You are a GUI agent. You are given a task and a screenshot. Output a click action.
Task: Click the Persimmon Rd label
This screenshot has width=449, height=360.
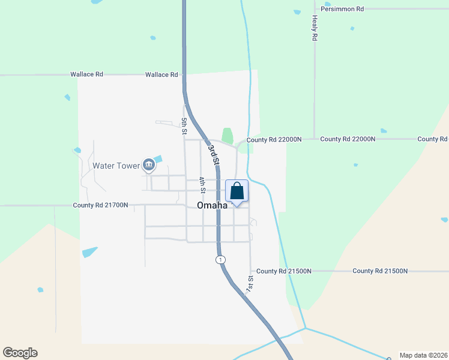click(x=343, y=9)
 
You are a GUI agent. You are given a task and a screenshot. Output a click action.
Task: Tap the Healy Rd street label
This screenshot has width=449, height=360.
click(x=314, y=29)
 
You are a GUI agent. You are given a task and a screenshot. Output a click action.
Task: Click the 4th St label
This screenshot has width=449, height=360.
click(x=203, y=185)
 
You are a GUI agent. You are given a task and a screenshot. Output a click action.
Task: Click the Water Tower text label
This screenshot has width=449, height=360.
click(x=116, y=165)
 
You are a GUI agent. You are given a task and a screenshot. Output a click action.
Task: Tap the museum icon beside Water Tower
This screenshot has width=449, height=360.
click(x=148, y=165)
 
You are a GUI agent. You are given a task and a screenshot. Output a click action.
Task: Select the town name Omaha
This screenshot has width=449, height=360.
click(x=212, y=205)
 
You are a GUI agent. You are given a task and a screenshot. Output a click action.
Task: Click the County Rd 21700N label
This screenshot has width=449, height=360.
click(x=100, y=205)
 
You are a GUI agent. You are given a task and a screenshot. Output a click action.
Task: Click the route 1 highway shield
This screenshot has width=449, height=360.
click(x=221, y=260)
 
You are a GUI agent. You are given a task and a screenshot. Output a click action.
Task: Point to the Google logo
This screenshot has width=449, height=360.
click(x=20, y=353)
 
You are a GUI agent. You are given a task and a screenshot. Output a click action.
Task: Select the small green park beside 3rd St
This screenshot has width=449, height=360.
click(x=227, y=136)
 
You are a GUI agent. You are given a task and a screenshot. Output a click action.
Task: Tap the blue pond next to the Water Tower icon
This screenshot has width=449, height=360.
click(x=158, y=159)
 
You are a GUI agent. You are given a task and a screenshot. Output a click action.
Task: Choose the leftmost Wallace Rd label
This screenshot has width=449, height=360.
click(x=86, y=74)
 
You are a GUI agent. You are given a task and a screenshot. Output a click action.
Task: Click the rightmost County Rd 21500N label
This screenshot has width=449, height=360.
click(x=380, y=271)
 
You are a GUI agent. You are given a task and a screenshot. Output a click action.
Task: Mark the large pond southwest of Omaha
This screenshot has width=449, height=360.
click(x=89, y=252)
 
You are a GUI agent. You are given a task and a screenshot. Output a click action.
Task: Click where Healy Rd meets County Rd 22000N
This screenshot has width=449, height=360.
click(x=314, y=139)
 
